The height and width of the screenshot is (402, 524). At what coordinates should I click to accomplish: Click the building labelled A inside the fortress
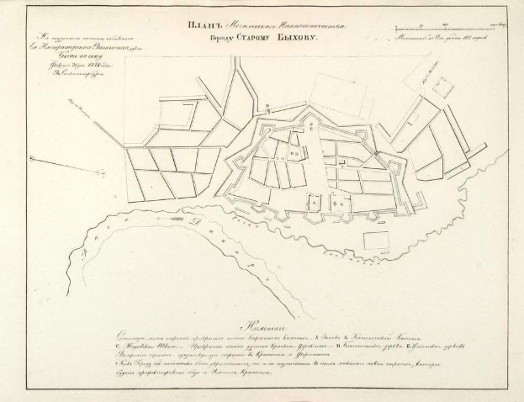(x=314, y=202)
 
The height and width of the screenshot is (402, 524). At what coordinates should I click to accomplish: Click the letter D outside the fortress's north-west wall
(x=266, y=108)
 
